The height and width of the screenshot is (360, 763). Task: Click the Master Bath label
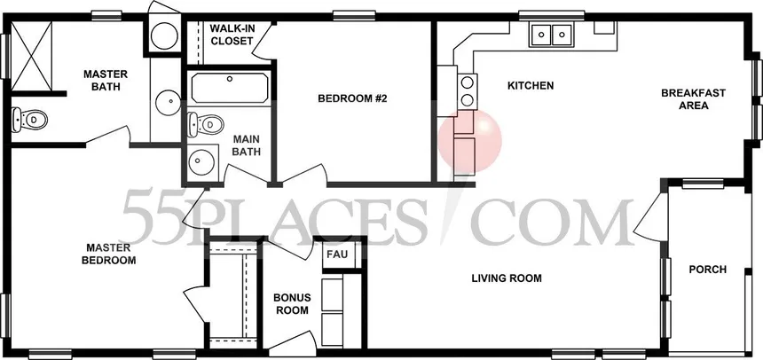pyautogui.click(x=106, y=81)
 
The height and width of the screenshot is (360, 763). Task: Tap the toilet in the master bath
pyautogui.click(x=29, y=119)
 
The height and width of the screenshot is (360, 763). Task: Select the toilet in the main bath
pyautogui.click(x=205, y=124)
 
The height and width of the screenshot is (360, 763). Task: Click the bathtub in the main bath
pyautogui.click(x=229, y=88)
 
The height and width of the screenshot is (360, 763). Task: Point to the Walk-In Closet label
pyautogui.click(x=232, y=35)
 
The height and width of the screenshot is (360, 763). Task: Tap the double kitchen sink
pyautogui.click(x=551, y=34)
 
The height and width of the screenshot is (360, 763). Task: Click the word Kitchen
pyautogui.click(x=531, y=86)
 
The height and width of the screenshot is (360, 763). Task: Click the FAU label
pyautogui.click(x=337, y=254)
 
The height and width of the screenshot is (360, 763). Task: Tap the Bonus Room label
pyautogui.click(x=291, y=304)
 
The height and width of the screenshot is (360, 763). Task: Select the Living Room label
pyautogui.click(x=507, y=278)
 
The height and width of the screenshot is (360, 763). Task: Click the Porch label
pyautogui.click(x=707, y=270)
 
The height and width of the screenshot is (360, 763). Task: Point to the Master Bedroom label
pyautogui.click(x=108, y=254)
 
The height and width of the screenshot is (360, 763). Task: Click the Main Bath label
pyautogui.click(x=247, y=145)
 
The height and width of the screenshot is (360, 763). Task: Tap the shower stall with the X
pyautogui.click(x=31, y=57)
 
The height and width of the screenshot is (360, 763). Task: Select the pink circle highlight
pyautogui.click(x=470, y=141)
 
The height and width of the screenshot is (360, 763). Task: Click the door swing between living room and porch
pyautogui.click(x=649, y=216)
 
